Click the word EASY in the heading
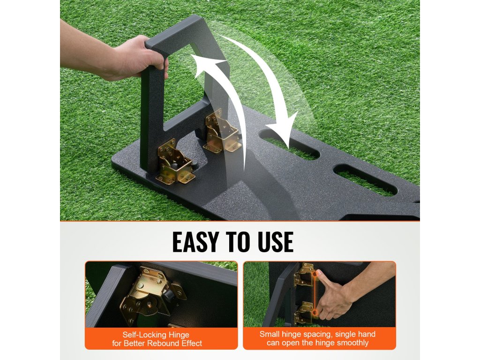pyautogui.click(x=196, y=242)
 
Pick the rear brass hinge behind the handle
pyautogui.click(x=221, y=131)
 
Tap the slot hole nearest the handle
pyautogui.click(x=290, y=144)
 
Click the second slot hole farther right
pyautogui.click(x=366, y=180)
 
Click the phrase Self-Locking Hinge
pyautogui.click(x=156, y=335)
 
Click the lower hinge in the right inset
pyautogui.click(x=304, y=313)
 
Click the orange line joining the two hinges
pyautogui.click(x=315, y=293)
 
